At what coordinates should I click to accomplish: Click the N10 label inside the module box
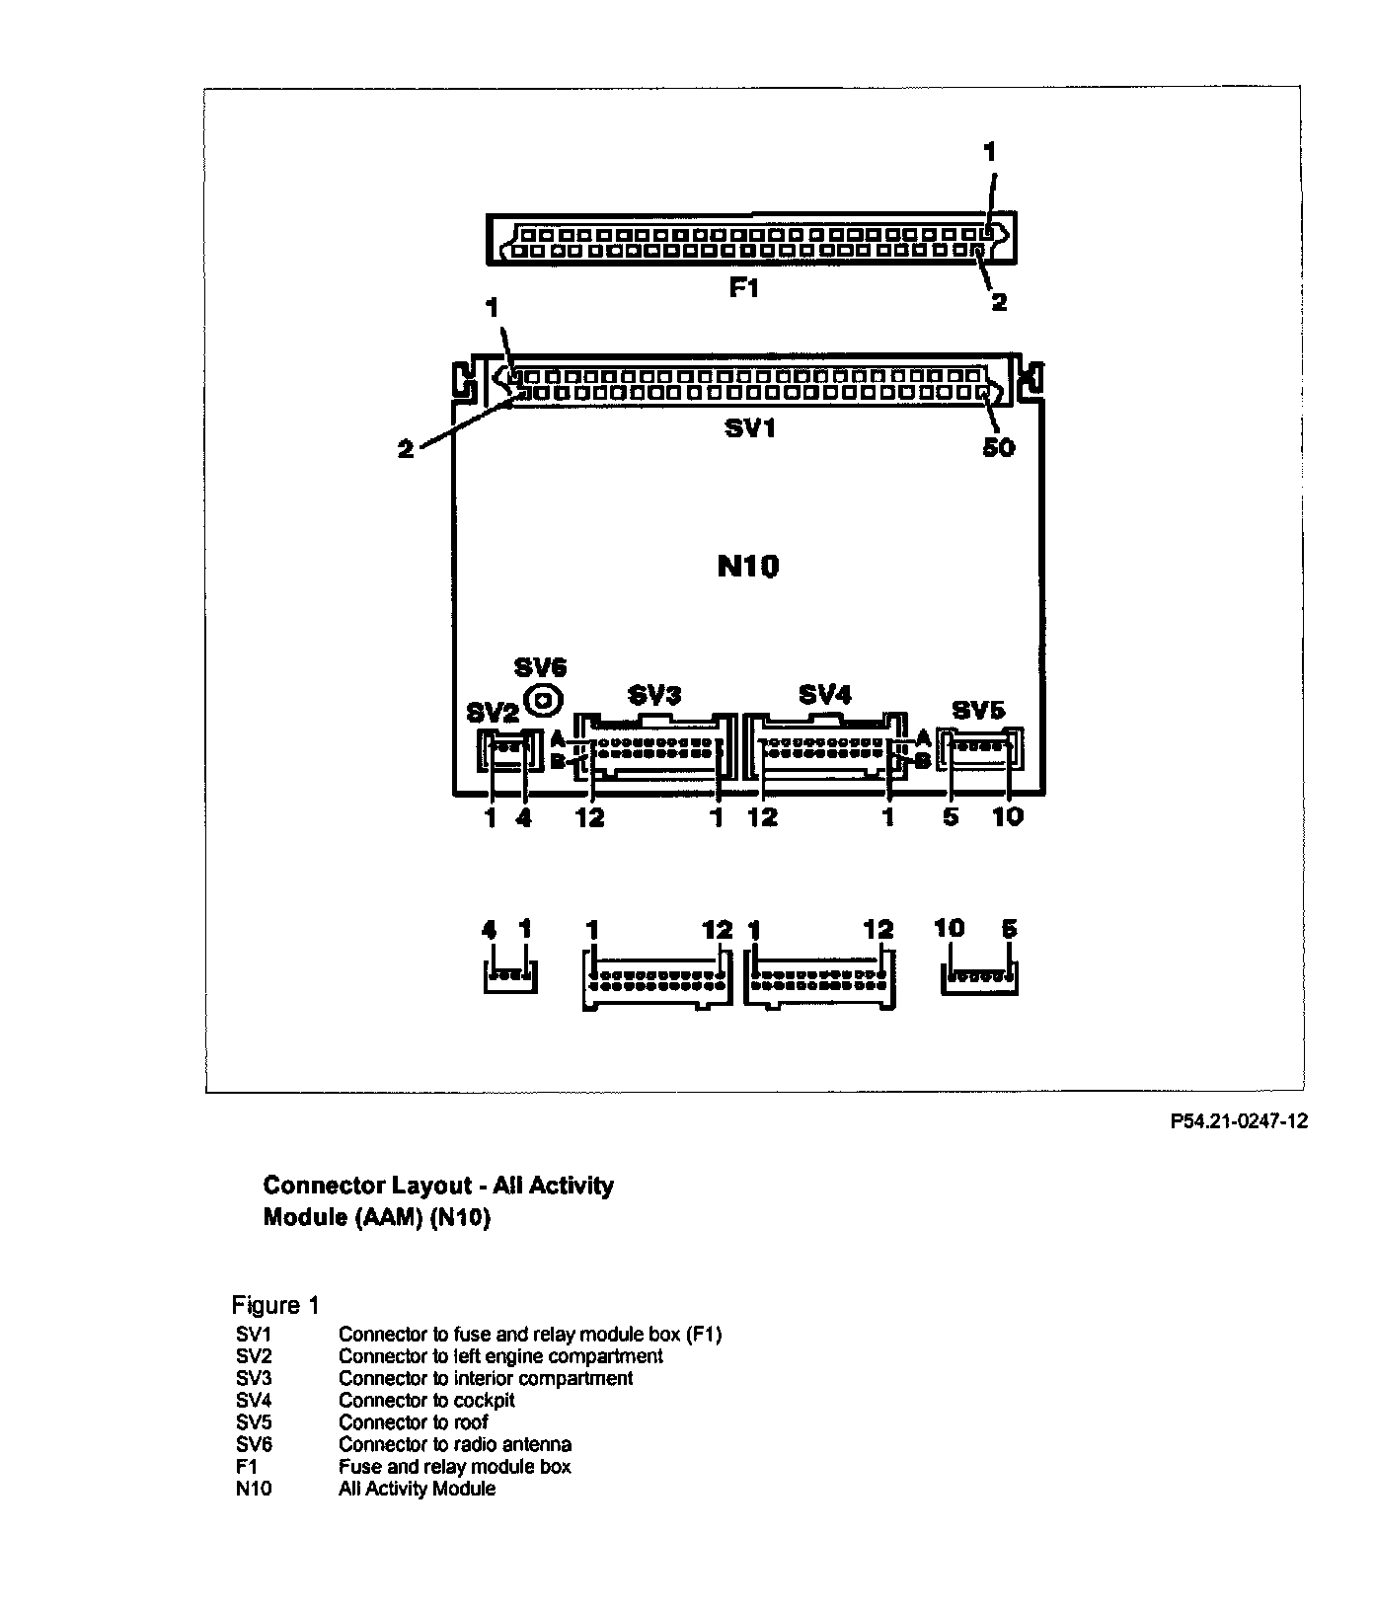tap(748, 566)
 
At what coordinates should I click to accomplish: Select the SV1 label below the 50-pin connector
tap(748, 428)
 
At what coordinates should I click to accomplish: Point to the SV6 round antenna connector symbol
tap(543, 701)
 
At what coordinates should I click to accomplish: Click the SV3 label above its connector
tap(654, 695)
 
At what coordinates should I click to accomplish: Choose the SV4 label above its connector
tap(824, 695)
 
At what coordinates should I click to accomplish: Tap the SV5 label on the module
tap(978, 710)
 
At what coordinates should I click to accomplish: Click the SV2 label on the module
tap(492, 713)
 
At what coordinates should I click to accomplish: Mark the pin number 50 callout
tap(998, 447)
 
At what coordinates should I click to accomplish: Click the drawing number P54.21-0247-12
tap(1239, 1121)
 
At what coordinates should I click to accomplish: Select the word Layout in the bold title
tap(421, 1185)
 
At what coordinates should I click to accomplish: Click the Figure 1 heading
tap(275, 1305)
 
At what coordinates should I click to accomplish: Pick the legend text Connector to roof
tap(413, 1422)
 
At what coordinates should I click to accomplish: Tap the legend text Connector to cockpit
tap(426, 1401)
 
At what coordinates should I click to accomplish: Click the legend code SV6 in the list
tap(254, 1444)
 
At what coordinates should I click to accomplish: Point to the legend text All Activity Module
tap(417, 1489)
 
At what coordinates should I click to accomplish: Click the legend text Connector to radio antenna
tap(455, 1444)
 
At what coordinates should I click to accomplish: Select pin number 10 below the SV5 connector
tap(1008, 816)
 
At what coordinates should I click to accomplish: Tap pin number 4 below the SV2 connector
tap(523, 817)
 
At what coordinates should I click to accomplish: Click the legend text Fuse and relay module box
tap(454, 1467)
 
